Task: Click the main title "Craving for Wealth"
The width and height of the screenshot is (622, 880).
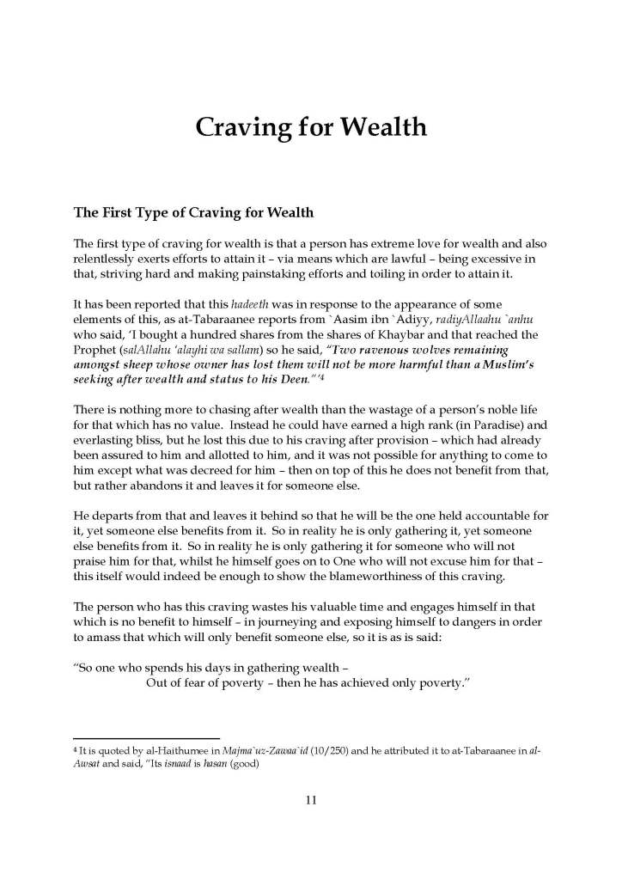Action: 310,127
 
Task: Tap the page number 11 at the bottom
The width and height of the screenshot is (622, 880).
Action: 311,801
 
